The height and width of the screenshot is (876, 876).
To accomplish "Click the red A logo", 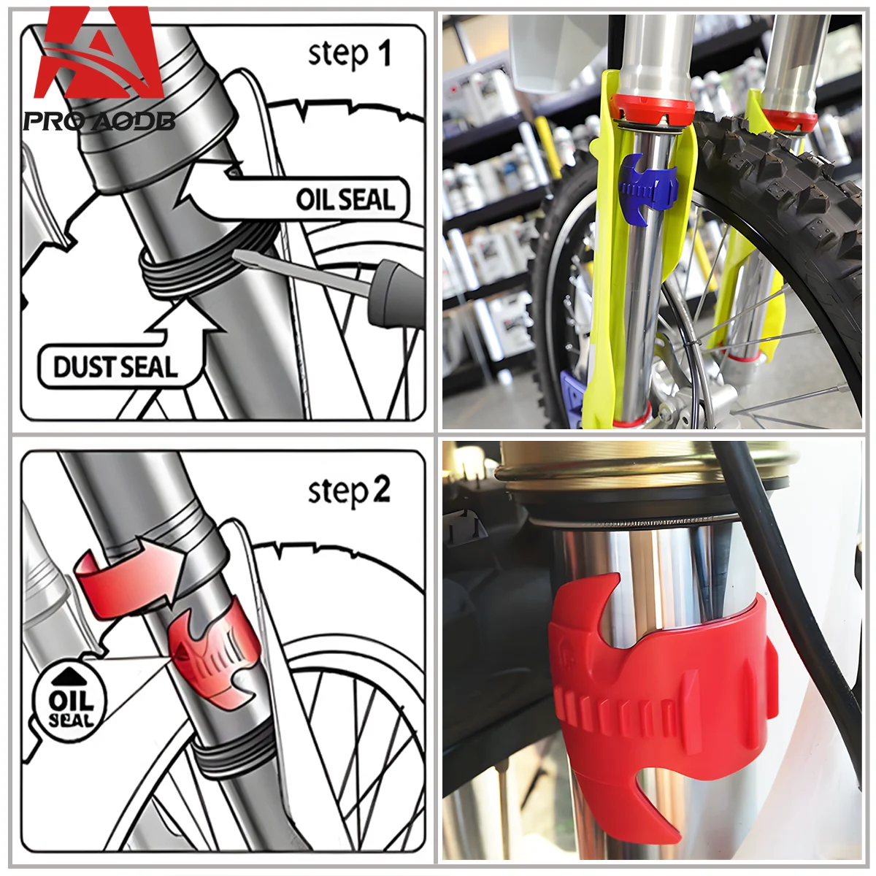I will tap(101, 55).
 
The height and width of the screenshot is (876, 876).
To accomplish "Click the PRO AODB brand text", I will tap(99, 120).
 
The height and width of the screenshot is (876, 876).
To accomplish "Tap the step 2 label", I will tap(349, 491).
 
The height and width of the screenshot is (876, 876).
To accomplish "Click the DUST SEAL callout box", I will tap(115, 366).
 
